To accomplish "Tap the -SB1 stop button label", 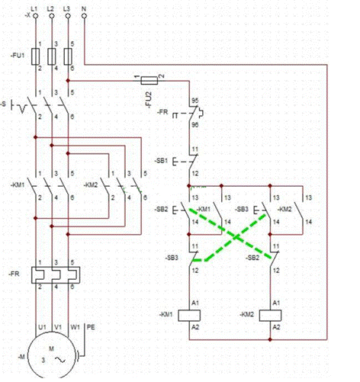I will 161,162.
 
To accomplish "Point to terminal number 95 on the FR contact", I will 195,100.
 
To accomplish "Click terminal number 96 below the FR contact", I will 195,124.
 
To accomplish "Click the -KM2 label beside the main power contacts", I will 90,185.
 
